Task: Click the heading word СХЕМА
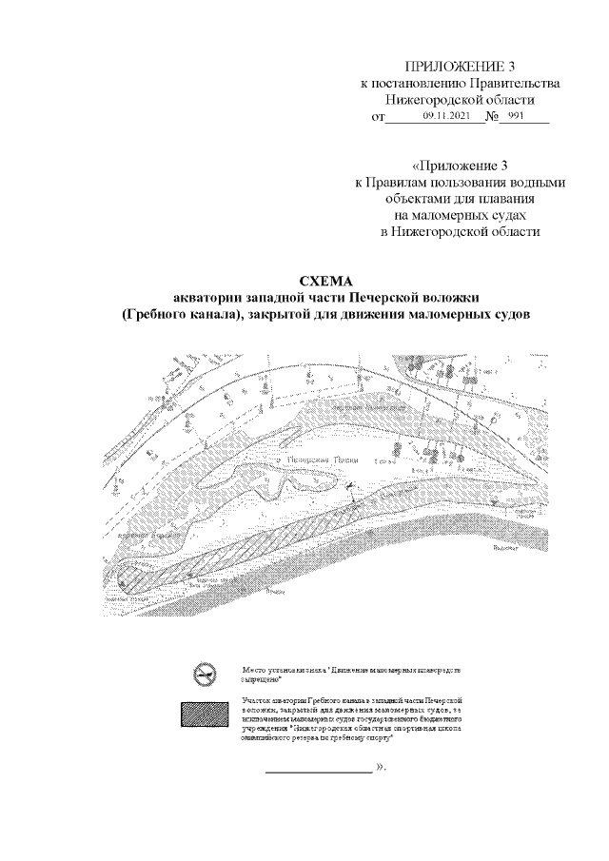tap(325, 281)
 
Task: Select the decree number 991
tap(517, 116)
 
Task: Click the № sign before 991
tap(493, 116)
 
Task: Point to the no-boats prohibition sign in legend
tap(201, 675)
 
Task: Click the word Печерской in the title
tap(387, 298)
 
